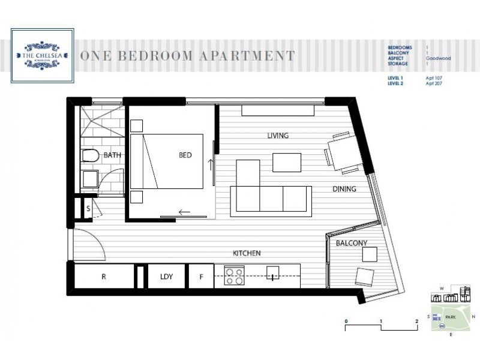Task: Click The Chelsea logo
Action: coord(43,56)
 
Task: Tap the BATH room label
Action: coord(112,155)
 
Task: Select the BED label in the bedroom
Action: coord(185,155)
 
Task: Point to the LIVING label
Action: coord(278,136)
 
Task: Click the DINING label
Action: coord(344,189)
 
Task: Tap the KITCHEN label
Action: coord(247,254)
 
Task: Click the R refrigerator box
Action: coord(103,277)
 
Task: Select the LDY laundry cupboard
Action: coord(166,277)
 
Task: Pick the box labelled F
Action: coord(200,277)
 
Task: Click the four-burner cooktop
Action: coord(234,276)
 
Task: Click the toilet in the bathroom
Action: coord(89,157)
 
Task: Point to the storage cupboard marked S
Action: coord(88,209)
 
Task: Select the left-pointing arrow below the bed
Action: coord(184,211)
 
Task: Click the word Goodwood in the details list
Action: coord(438,59)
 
